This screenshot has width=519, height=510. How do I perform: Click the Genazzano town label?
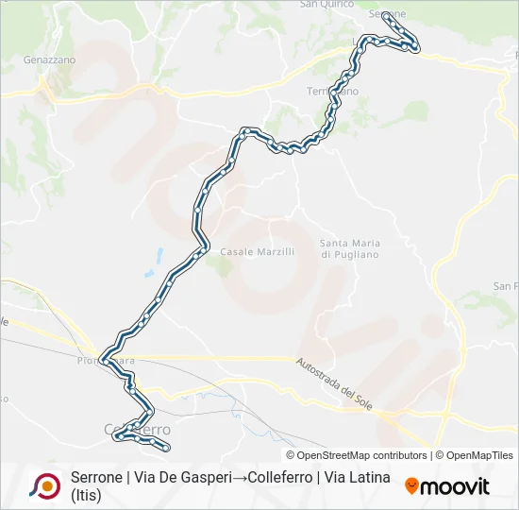click(49, 59)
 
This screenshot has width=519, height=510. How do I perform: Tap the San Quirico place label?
click(326, 5)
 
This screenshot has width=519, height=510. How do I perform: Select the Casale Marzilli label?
click(258, 251)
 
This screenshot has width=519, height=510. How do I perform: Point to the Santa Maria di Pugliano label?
click(349, 248)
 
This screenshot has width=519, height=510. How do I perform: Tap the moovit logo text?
click(456, 486)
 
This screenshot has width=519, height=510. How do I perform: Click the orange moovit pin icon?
click(411, 485)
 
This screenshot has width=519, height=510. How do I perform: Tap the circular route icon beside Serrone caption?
click(44, 485)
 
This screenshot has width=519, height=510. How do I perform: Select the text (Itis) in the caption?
click(86, 495)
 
